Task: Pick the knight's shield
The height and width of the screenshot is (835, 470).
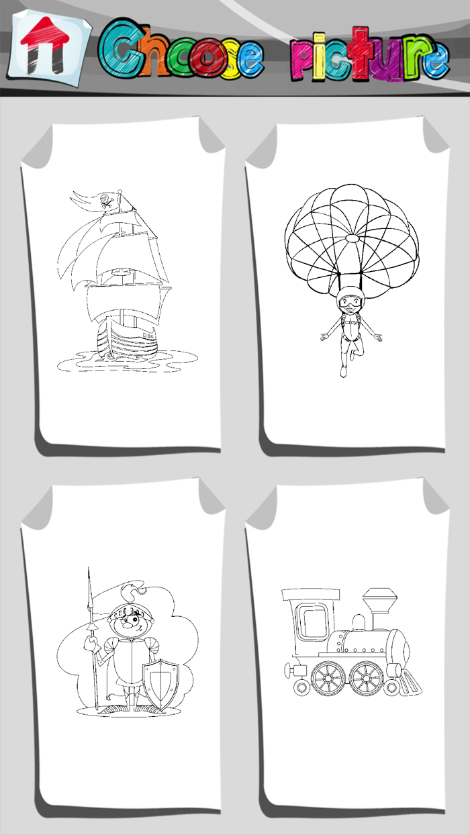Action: point(162,685)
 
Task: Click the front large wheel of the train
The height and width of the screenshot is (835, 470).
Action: point(366,678)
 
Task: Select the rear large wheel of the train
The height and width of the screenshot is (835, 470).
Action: point(327,678)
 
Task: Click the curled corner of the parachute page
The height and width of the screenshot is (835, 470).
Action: point(430,134)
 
